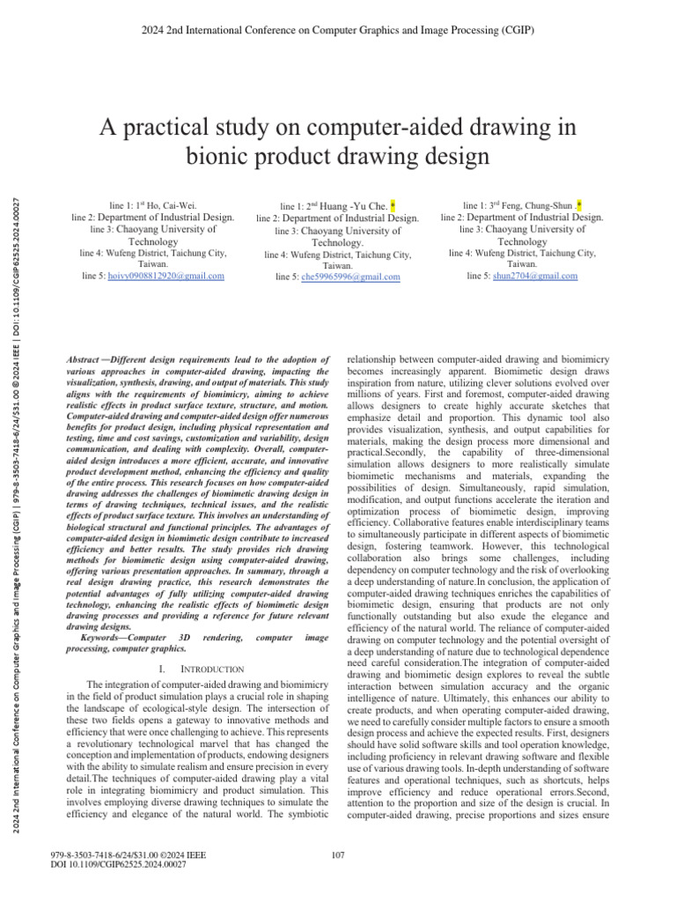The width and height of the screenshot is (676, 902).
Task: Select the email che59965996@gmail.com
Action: point(350,277)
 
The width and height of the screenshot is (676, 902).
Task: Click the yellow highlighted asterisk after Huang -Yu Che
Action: point(392,204)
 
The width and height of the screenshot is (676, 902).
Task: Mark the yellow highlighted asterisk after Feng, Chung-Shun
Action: point(578,203)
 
